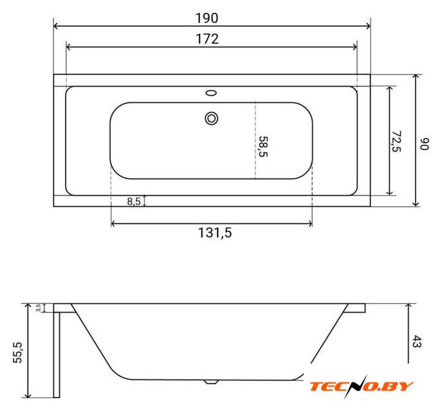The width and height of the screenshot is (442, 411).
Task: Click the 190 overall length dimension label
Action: tap(207, 18)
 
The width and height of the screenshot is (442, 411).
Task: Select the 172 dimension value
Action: tap(207, 39)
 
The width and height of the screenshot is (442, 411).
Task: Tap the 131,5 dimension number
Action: tap(215, 233)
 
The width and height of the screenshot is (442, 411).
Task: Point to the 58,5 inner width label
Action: tap(263, 146)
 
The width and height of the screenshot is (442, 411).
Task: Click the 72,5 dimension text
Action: tap(396, 141)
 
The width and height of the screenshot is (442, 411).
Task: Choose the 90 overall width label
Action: tap(424, 144)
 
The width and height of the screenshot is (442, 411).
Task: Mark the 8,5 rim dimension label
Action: tap(134, 202)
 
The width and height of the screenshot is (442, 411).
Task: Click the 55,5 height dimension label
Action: tap(18, 353)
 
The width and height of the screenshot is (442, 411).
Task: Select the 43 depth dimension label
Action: tap(417, 341)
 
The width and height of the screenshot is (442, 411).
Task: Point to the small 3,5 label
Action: tap(39, 308)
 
